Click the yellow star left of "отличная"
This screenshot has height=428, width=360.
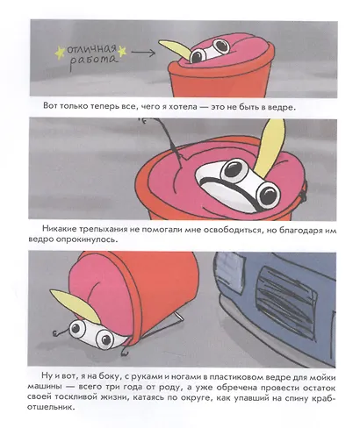tap(60, 53)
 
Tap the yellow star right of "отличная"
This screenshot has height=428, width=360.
tap(122, 52)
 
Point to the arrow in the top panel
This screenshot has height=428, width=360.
tap(143, 53)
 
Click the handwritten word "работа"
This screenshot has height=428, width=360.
tap(93, 61)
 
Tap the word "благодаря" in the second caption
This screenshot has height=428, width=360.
tap(300, 231)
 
